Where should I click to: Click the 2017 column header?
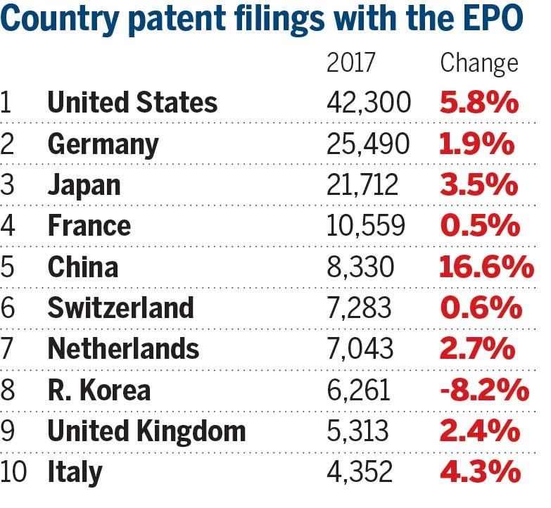[x=351, y=63]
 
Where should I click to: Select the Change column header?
[x=479, y=63]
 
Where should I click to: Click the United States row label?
[x=132, y=103]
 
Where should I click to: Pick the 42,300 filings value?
[x=369, y=103]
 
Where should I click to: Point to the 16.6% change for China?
[x=486, y=268]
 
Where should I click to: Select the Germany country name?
[x=103, y=144]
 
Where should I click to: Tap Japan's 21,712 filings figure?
[x=362, y=185]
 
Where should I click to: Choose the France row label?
[x=89, y=226]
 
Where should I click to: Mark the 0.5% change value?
[x=480, y=226]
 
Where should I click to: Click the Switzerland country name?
[x=120, y=308]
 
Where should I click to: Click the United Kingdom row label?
[x=146, y=431]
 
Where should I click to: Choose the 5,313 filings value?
[x=358, y=431]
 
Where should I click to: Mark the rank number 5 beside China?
[x=7, y=268]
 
